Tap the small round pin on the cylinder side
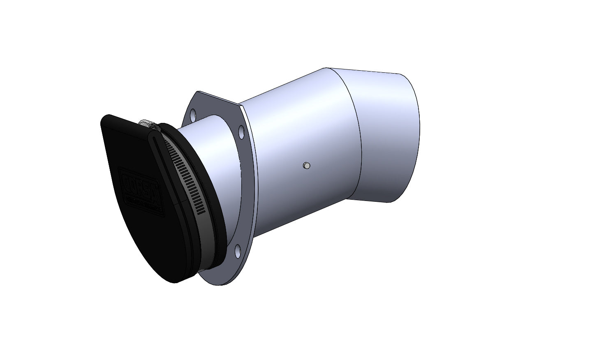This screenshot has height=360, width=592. pos(306,166)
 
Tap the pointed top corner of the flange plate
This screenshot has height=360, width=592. pos(198,92)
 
